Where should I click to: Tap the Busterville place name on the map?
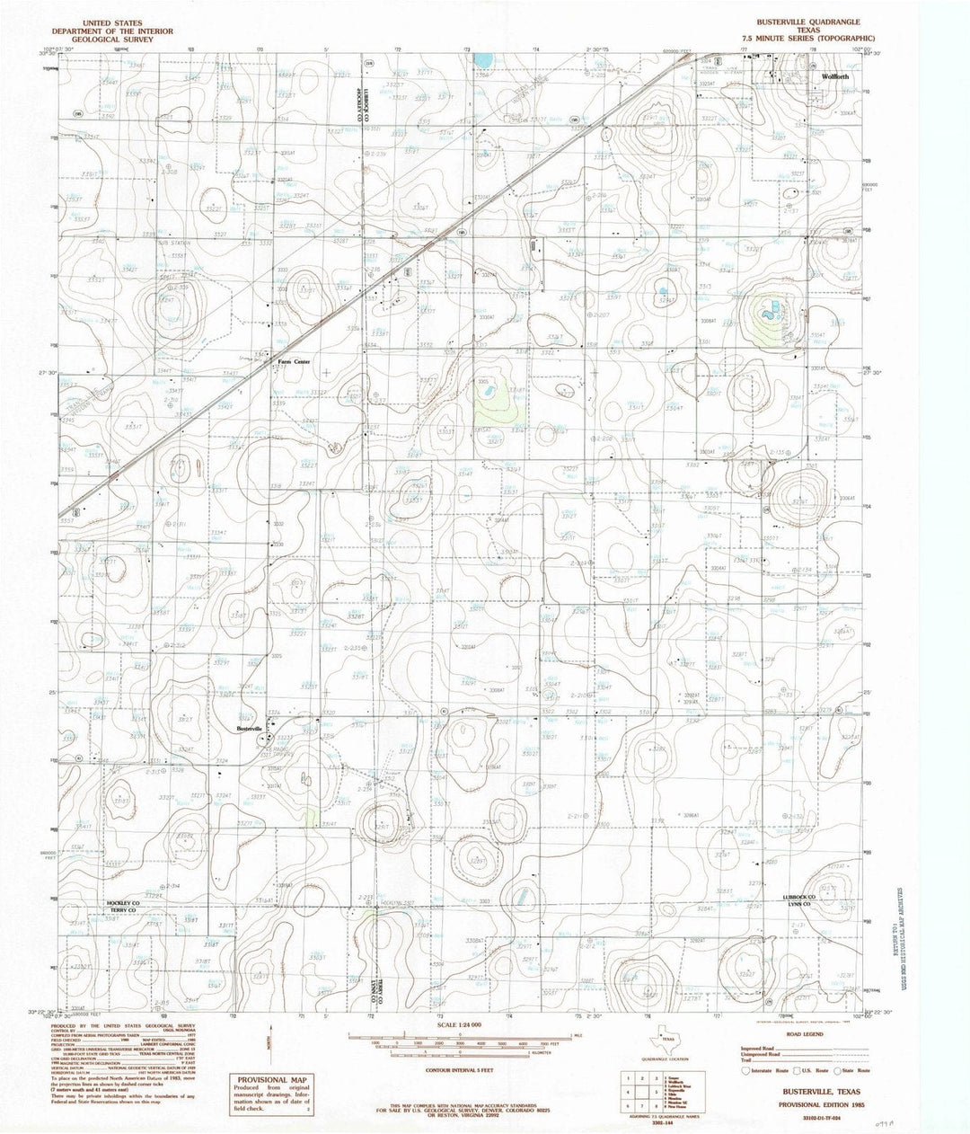pos(248,728)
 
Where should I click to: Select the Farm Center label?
pos(294,361)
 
